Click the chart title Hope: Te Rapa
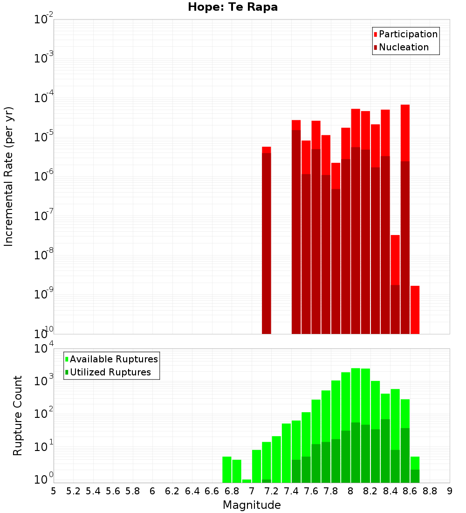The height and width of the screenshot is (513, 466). click(x=233, y=7)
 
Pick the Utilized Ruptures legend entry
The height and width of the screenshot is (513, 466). click(x=110, y=373)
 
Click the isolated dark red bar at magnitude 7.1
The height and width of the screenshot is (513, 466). click(x=266, y=243)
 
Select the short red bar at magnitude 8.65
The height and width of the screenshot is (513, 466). click(x=415, y=310)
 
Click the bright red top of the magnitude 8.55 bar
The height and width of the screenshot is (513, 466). click(x=405, y=133)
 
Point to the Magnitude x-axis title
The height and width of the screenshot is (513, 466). click(x=252, y=505)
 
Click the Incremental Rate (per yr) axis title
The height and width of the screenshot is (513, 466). click(x=9, y=176)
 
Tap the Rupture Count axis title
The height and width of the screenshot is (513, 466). click(x=18, y=416)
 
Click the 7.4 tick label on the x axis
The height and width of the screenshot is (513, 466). click(x=291, y=491)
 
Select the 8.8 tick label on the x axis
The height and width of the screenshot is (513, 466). click(x=430, y=491)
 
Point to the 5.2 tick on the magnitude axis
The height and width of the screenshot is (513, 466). click(x=73, y=491)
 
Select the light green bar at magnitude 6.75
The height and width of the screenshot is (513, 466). click(x=227, y=470)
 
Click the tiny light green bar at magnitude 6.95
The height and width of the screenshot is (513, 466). click(x=247, y=481)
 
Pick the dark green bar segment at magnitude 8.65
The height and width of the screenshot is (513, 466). click(x=415, y=476)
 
